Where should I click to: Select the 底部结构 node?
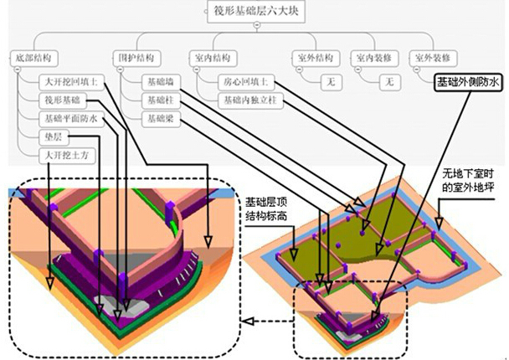coord(33,59)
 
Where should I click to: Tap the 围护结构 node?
coord(134,59)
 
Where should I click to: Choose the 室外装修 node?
coord(434,59)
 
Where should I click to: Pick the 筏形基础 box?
coord(63,100)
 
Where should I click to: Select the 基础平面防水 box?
coord(71,119)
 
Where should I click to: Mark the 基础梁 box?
coord(158,119)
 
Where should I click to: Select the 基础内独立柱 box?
coord(249,100)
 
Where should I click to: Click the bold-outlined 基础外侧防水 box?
coord(467,83)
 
